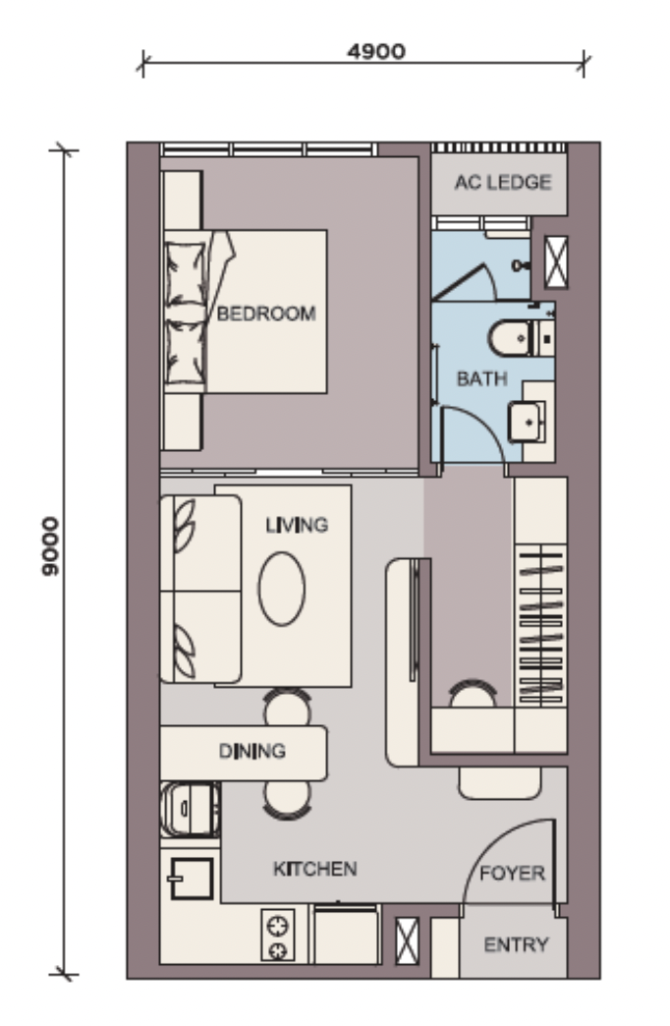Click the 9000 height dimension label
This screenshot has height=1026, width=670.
tap(50, 546)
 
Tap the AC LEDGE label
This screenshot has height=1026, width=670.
tap(503, 182)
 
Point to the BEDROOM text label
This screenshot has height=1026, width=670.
tap(266, 313)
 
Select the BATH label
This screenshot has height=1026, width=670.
tap(481, 378)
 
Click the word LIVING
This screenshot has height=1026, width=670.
tap(297, 525)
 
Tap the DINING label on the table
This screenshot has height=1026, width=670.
tap(251, 751)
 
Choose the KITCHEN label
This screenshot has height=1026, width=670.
tap(314, 869)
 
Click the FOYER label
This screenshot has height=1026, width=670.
tap(512, 873)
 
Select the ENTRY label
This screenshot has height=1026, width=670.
tap(516, 944)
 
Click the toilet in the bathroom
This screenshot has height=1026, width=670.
tap(520, 338)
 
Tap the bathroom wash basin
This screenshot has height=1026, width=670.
tap(527, 422)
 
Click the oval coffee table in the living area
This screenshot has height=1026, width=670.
tap(281, 589)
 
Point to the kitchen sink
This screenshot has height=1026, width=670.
tap(191, 879)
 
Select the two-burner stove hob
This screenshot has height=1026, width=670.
tap(277, 935)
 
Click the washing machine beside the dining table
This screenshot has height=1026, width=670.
tap(190, 810)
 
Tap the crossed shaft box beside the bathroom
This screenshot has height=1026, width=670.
tap(556, 261)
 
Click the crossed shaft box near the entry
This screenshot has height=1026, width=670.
tap(407, 940)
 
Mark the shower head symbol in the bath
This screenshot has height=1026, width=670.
tap(522, 265)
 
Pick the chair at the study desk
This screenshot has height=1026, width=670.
tap(473, 694)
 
